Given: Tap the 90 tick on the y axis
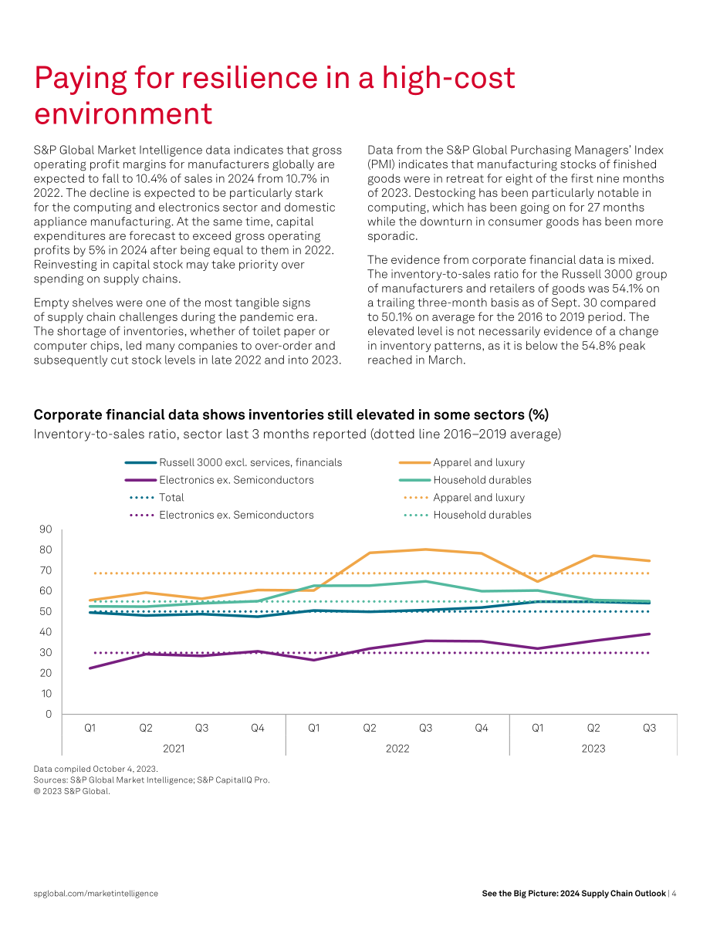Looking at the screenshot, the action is point(46,529).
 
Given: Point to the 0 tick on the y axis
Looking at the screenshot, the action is point(49,714).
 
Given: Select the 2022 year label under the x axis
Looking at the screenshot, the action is point(397,748).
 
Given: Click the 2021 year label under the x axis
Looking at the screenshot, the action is point(174,748).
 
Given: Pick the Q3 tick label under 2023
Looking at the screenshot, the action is point(649,728).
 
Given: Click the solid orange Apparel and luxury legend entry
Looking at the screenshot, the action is point(461,462).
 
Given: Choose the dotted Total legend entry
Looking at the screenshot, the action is point(157,497).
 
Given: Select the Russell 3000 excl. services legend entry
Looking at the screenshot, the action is point(233,462).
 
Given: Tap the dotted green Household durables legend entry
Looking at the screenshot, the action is point(468,515).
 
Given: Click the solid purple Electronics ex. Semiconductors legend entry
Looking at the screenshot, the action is point(219,480).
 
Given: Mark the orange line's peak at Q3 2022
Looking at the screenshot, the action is point(425,550).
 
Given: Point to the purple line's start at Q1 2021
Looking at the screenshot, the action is point(90,668).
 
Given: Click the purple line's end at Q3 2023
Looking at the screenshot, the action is point(650,634).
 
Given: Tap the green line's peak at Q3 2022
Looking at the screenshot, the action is point(425,581).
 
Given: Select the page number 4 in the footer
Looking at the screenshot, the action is point(674,893).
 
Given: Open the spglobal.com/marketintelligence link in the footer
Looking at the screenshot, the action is point(96,894).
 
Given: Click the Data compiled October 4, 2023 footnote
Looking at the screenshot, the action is point(96,769).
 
